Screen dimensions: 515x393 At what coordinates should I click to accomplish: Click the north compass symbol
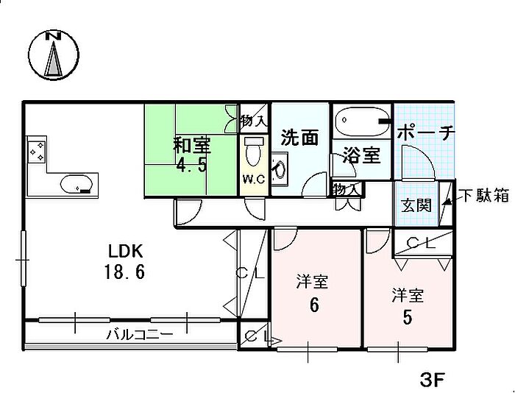tap(54, 55)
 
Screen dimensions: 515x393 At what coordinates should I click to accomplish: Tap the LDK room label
tap(126, 252)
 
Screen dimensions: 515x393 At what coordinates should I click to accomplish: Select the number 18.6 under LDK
tap(124, 272)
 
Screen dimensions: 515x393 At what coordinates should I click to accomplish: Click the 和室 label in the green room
tap(192, 146)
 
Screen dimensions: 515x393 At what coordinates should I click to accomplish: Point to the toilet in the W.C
tap(253, 151)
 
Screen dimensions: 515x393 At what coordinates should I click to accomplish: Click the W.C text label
tap(254, 180)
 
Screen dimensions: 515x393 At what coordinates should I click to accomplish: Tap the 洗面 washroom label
tap(300, 138)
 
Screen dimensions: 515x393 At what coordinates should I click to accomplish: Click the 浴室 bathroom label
tap(361, 155)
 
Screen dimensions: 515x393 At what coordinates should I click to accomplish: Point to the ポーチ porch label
tap(426, 133)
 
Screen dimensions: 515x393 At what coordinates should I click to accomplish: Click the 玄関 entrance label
tap(416, 206)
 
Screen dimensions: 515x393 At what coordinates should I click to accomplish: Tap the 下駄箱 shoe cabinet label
tap(486, 195)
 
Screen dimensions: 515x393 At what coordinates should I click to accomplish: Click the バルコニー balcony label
tap(139, 335)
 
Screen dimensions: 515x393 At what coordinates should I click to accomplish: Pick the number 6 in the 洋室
tap(314, 305)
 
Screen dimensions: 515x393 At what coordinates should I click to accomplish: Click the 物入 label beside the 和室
tap(254, 121)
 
